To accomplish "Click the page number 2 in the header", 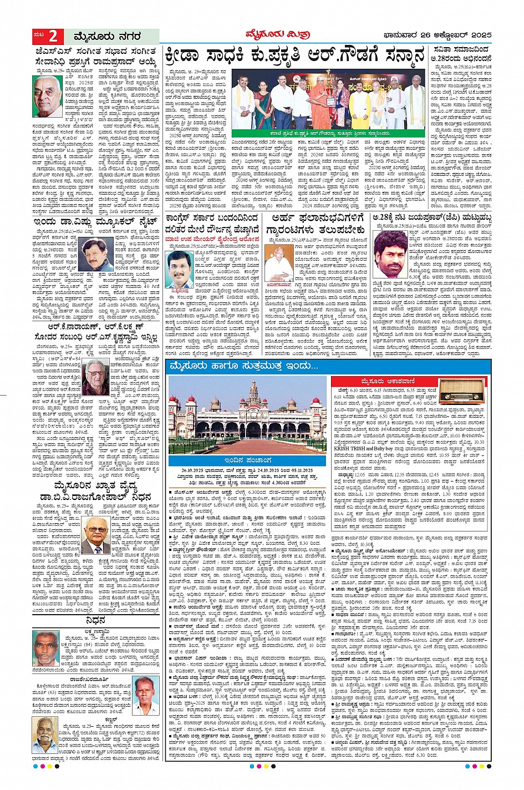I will coord(53,37).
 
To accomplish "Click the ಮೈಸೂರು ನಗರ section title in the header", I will coord(100,37).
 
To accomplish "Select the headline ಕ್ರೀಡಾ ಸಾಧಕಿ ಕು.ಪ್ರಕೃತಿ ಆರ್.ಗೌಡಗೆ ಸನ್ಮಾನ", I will coord(294,57).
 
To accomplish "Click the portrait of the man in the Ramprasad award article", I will coord(47,96).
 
